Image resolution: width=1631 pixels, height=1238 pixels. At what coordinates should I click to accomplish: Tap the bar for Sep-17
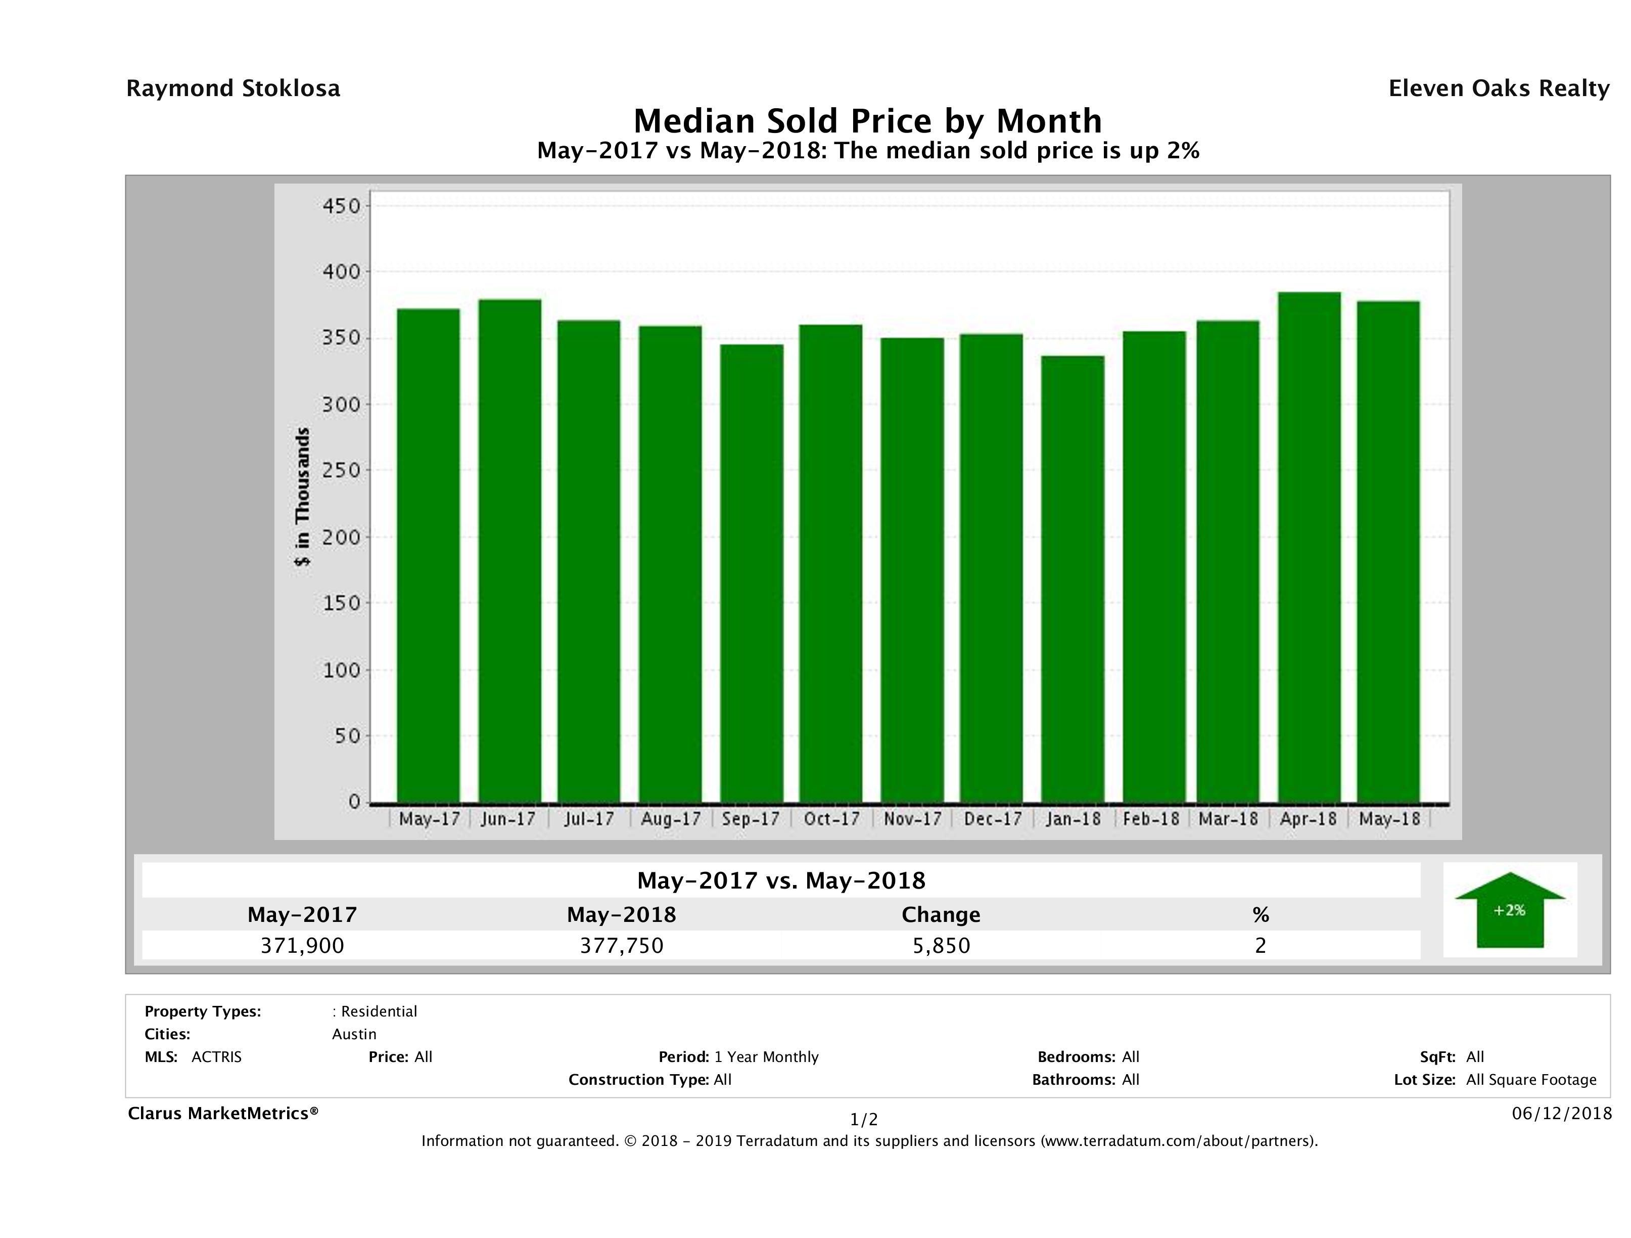[x=752, y=573]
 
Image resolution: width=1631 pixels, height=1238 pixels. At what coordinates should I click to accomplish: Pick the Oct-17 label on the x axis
[x=832, y=819]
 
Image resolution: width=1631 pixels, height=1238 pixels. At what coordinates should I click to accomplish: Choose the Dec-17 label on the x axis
[x=993, y=819]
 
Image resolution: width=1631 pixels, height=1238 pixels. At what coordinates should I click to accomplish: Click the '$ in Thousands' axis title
[x=302, y=497]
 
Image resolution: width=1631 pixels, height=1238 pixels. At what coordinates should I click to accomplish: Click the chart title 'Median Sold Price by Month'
[x=867, y=120]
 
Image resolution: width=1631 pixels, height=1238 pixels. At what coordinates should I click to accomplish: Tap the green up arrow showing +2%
[x=1509, y=910]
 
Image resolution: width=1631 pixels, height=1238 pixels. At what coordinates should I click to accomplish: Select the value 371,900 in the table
[x=302, y=945]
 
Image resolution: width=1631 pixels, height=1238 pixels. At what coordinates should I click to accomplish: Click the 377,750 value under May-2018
[x=622, y=945]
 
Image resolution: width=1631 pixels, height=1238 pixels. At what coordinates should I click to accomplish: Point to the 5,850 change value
[x=942, y=945]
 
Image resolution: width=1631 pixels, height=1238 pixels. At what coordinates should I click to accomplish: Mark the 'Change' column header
[x=941, y=915]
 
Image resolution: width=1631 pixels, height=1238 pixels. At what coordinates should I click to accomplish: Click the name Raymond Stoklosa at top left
[x=233, y=89]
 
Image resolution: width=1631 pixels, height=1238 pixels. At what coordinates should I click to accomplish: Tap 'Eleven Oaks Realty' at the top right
[x=1498, y=89]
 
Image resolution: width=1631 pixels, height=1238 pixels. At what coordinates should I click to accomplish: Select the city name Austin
[x=354, y=1034]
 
